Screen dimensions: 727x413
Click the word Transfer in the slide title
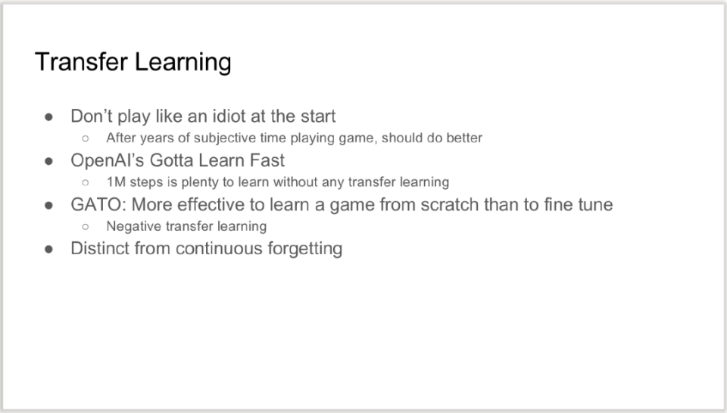[x=81, y=61]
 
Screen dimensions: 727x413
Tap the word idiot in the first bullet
[x=229, y=116]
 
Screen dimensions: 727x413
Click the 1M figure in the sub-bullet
[x=116, y=182]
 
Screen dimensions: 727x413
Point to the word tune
[x=596, y=204]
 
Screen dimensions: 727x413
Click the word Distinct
[x=100, y=248]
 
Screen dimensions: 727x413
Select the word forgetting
[x=305, y=249]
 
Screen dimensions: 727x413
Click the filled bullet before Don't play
[x=48, y=116]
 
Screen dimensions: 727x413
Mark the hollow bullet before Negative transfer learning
[x=86, y=227]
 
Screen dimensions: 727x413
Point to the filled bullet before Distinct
[x=48, y=249]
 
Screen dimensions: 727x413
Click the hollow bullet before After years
[x=86, y=138]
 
